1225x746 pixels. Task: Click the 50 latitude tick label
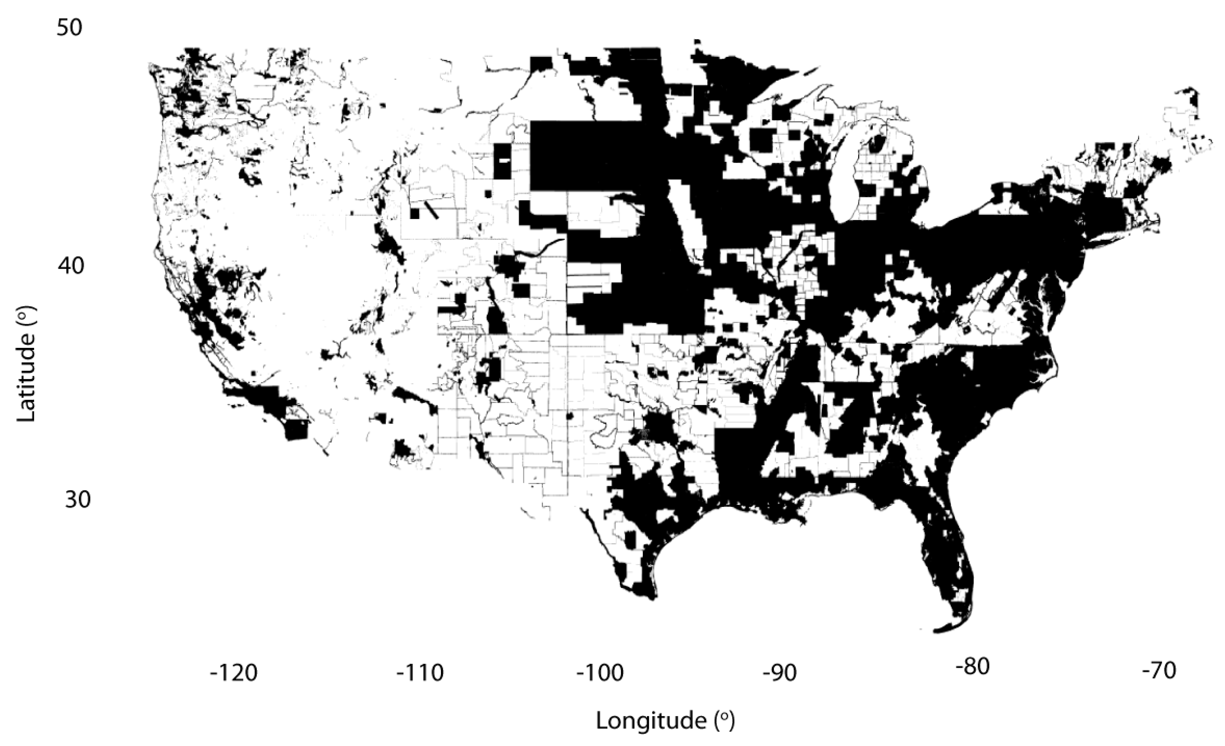coord(69,28)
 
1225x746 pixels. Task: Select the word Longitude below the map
coord(651,721)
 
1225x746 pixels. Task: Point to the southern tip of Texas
coord(646,596)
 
